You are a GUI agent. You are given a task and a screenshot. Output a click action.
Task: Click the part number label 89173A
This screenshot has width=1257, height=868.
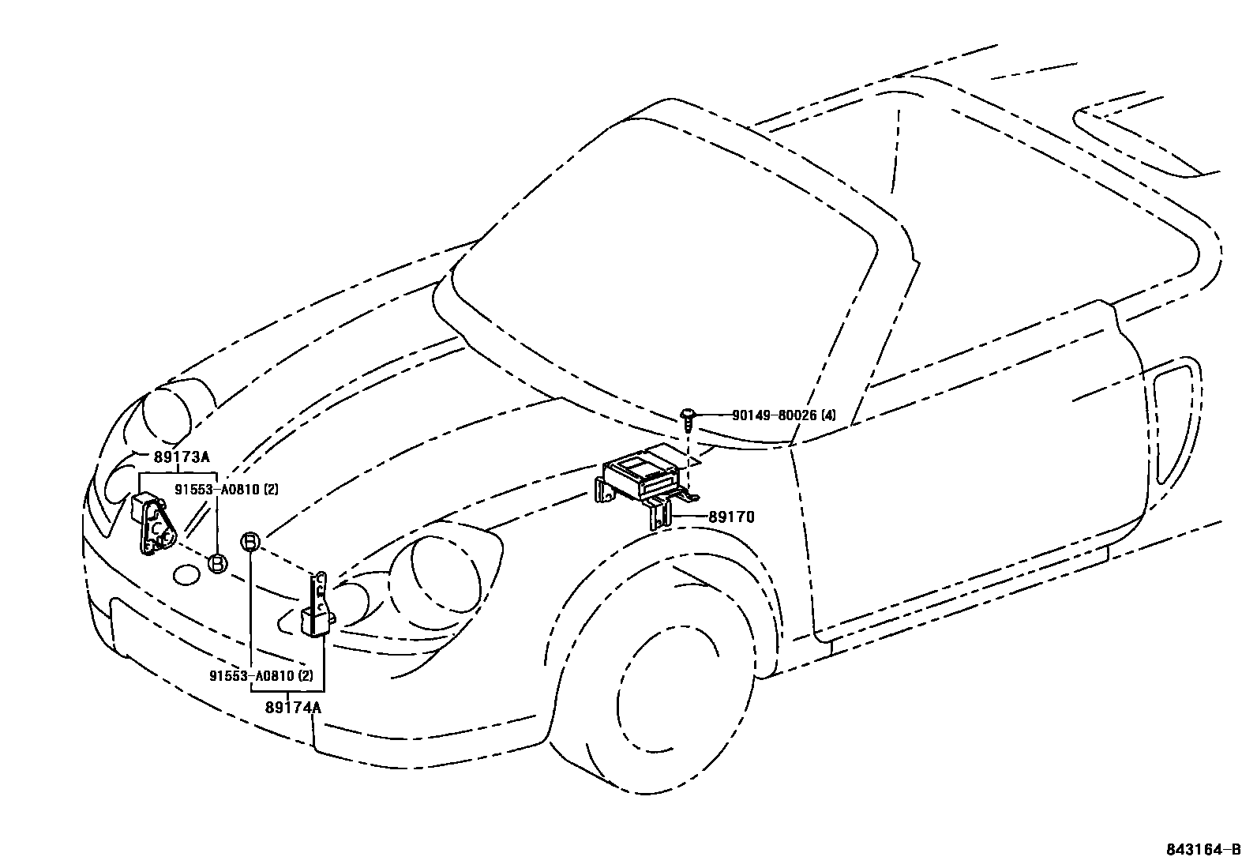coord(182,457)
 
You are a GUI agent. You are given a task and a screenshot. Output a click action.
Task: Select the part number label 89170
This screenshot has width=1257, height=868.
coord(731,517)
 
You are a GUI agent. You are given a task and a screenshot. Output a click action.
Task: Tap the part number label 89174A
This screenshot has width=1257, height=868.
coord(293,708)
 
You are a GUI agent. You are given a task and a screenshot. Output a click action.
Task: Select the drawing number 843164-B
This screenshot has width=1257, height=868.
coord(1209,850)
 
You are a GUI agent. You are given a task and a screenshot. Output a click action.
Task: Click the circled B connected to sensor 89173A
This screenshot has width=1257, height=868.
coord(217,563)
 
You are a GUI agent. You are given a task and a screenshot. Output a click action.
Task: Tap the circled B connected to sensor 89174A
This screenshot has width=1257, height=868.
coord(250,542)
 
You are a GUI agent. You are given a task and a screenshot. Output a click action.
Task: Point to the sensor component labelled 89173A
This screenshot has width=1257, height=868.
coord(152,522)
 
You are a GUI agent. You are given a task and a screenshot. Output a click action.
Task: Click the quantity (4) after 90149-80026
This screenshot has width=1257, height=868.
coord(827,415)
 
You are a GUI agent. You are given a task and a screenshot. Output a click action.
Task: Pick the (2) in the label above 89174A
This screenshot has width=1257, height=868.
coord(306,676)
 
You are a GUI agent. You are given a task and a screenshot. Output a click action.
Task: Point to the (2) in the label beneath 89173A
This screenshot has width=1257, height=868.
coord(271,490)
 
